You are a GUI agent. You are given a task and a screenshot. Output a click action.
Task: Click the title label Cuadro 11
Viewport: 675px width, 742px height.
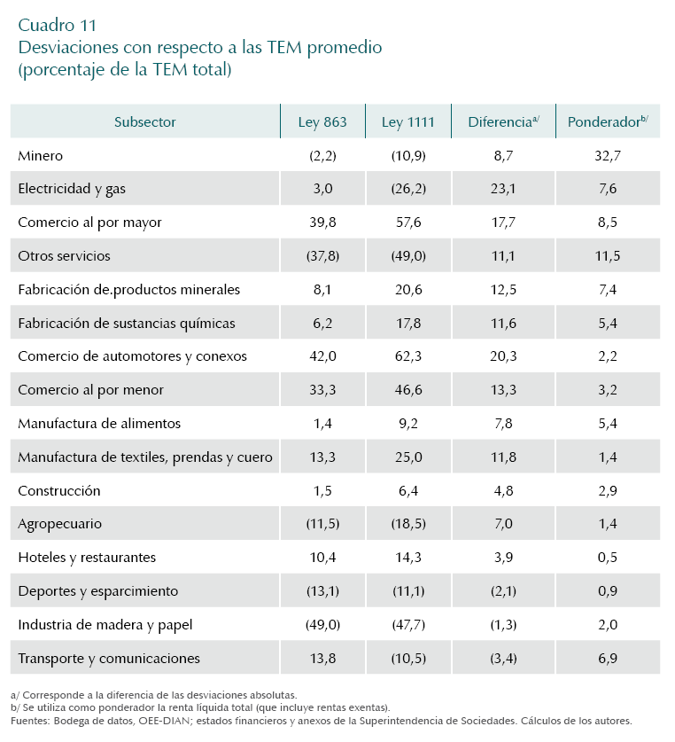[58, 24]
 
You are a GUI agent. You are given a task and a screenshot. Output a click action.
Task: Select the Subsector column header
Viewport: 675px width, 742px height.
[144, 122]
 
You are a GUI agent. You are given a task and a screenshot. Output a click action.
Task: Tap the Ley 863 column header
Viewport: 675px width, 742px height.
[322, 122]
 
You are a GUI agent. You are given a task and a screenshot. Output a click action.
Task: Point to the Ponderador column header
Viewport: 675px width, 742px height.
[607, 122]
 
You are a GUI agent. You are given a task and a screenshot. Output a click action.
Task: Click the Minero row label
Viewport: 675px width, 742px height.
[40, 155]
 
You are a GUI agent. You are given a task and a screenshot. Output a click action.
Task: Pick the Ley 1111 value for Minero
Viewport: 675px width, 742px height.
[408, 155]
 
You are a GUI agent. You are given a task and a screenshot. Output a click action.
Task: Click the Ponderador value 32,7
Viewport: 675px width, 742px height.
[607, 155]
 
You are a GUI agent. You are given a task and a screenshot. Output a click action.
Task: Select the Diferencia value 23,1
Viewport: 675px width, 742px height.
[502, 189]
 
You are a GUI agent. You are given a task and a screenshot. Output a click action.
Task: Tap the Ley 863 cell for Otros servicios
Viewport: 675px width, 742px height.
[322, 256]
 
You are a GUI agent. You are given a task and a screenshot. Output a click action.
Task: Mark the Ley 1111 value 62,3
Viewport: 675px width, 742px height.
[408, 356]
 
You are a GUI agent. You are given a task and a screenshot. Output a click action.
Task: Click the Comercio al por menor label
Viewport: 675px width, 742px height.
[90, 390]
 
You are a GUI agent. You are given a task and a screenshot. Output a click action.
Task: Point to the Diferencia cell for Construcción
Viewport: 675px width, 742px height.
[502, 490]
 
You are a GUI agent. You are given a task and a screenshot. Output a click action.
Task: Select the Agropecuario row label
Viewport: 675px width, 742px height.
[59, 524]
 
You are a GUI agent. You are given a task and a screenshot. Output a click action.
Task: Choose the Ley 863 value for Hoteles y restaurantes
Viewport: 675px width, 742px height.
[322, 558]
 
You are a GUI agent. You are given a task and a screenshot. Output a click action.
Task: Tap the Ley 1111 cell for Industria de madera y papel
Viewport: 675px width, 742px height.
[408, 625]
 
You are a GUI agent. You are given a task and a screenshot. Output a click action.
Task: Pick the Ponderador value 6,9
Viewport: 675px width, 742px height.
[607, 659]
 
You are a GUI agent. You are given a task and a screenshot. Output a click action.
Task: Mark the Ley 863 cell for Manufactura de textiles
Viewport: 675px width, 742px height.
[322, 457]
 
